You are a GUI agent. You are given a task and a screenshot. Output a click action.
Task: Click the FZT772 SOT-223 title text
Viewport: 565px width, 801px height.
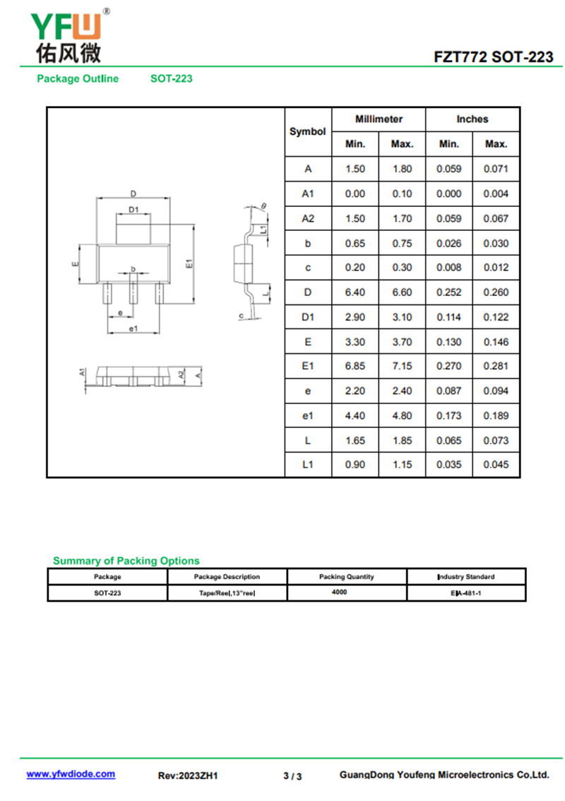coord(494,57)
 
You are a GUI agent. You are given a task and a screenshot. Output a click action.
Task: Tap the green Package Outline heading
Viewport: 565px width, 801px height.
coord(78,78)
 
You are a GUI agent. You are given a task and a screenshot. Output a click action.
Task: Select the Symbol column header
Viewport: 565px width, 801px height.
coord(308,131)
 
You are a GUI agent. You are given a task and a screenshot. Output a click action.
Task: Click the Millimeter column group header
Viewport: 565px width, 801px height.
coord(379,119)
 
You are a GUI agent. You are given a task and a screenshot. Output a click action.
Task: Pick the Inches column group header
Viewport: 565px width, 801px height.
coord(472,119)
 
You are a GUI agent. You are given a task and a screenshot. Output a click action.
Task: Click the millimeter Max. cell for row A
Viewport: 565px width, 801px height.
coord(402,169)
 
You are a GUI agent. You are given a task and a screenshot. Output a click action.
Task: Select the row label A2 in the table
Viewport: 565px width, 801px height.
coord(308,218)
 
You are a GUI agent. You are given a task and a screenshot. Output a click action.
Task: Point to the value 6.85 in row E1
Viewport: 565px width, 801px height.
coord(355,366)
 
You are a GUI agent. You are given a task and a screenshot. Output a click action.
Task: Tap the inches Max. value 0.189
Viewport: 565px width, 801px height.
coord(496,415)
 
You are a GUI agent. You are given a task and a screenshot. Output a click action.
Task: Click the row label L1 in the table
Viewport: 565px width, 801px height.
coord(308,465)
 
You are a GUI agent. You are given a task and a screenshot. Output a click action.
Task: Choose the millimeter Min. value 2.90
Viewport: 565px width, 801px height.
coord(355,317)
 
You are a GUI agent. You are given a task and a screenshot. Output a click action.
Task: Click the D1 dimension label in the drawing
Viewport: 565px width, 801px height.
coord(133,209)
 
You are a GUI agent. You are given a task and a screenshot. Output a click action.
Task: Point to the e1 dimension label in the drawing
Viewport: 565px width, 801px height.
coord(133,329)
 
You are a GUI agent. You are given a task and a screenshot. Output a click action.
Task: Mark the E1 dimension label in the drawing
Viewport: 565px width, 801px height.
coord(189,263)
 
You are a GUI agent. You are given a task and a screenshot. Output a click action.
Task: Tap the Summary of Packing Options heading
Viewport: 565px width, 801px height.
coord(126,561)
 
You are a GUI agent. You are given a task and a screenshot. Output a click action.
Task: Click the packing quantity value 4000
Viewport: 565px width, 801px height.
coord(339,592)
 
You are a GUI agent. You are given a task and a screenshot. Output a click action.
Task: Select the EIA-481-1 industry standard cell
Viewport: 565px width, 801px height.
coord(466,593)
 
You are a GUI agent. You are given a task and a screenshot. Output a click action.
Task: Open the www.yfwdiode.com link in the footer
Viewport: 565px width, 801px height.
coord(71,774)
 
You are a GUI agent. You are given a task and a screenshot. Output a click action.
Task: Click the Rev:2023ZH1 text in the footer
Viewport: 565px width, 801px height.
coord(188,776)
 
